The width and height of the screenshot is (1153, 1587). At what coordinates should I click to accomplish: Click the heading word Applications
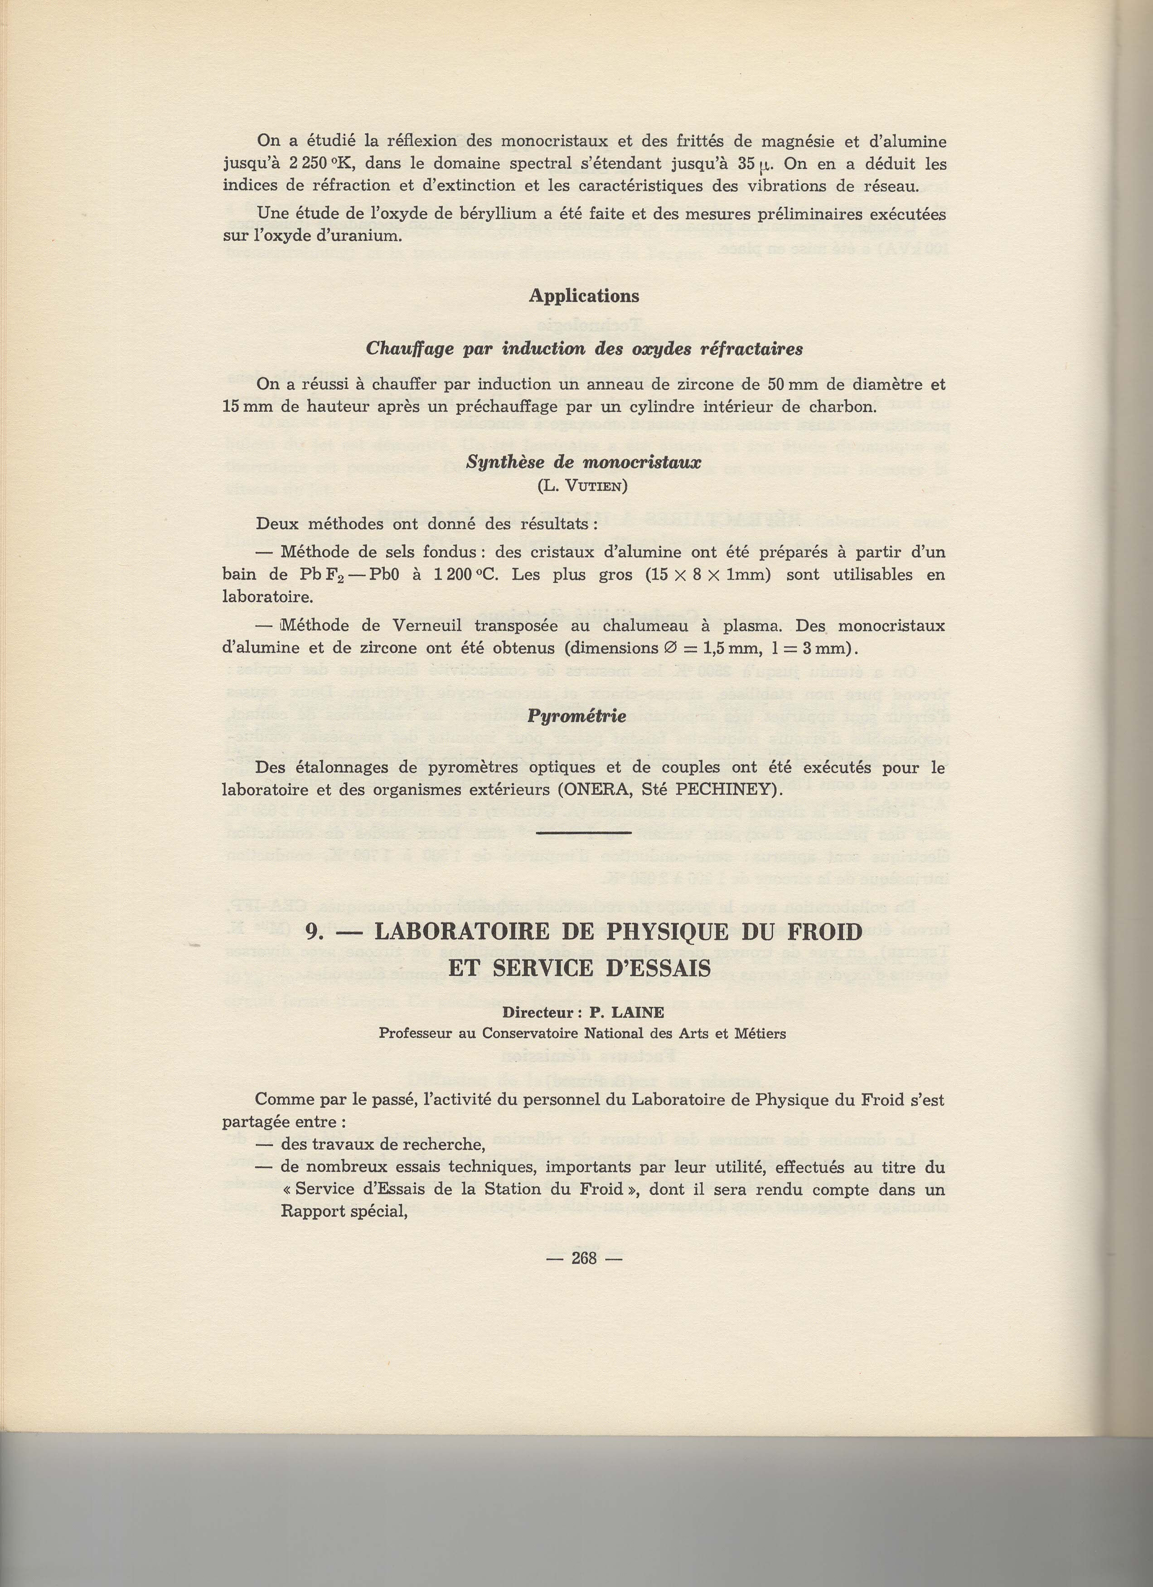[583, 296]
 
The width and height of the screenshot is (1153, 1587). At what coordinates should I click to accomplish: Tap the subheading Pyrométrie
[576, 717]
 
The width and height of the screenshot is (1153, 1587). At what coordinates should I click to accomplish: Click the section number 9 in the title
[313, 932]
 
